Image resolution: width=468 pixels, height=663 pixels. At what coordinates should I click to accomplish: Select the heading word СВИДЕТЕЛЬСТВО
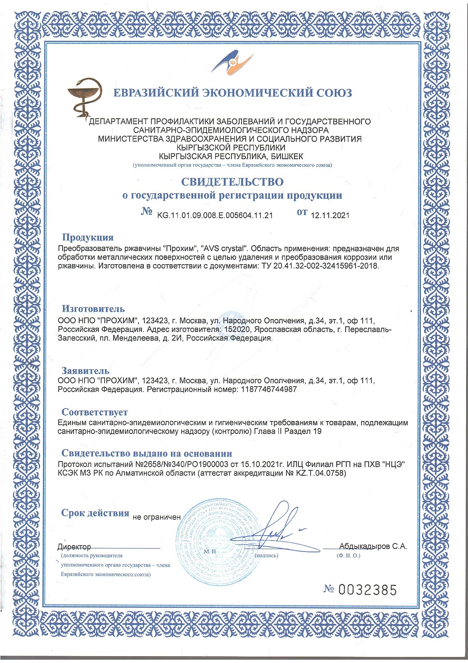pyautogui.click(x=232, y=182)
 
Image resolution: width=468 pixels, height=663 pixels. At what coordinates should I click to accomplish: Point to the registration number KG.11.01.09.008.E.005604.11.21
pyautogui.click(x=215, y=215)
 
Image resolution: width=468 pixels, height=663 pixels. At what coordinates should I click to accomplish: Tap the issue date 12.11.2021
pyautogui.click(x=330, y=215)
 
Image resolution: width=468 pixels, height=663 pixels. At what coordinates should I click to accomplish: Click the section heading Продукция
pyautogui.click(x=88, y=237)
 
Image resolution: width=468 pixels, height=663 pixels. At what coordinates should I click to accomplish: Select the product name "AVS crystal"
pyautogui.click(x=225, y=249)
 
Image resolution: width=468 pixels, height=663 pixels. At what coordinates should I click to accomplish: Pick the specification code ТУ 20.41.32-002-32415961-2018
pyautogui.click(x=319, y=266)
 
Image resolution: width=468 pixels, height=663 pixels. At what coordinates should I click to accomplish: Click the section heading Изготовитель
pyautogui.click(x=93, y=309)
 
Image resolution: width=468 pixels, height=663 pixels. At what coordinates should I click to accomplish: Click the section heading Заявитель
pyautogui.click(x=85, y=371)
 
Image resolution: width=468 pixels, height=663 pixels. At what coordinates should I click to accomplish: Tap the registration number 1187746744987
pyautogui.click(x=269, y=389)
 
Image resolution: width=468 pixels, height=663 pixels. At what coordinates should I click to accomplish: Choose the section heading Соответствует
pyautogui.click(x=94, y=412)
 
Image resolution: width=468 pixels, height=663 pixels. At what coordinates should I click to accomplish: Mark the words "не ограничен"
pyautogui.click(x=157, y=517)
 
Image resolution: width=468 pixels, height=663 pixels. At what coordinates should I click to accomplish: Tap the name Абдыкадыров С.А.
pyautogui.click(x=373, y=546)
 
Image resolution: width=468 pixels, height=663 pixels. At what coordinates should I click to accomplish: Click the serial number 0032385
pyautogui.click(x=367, y=590)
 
